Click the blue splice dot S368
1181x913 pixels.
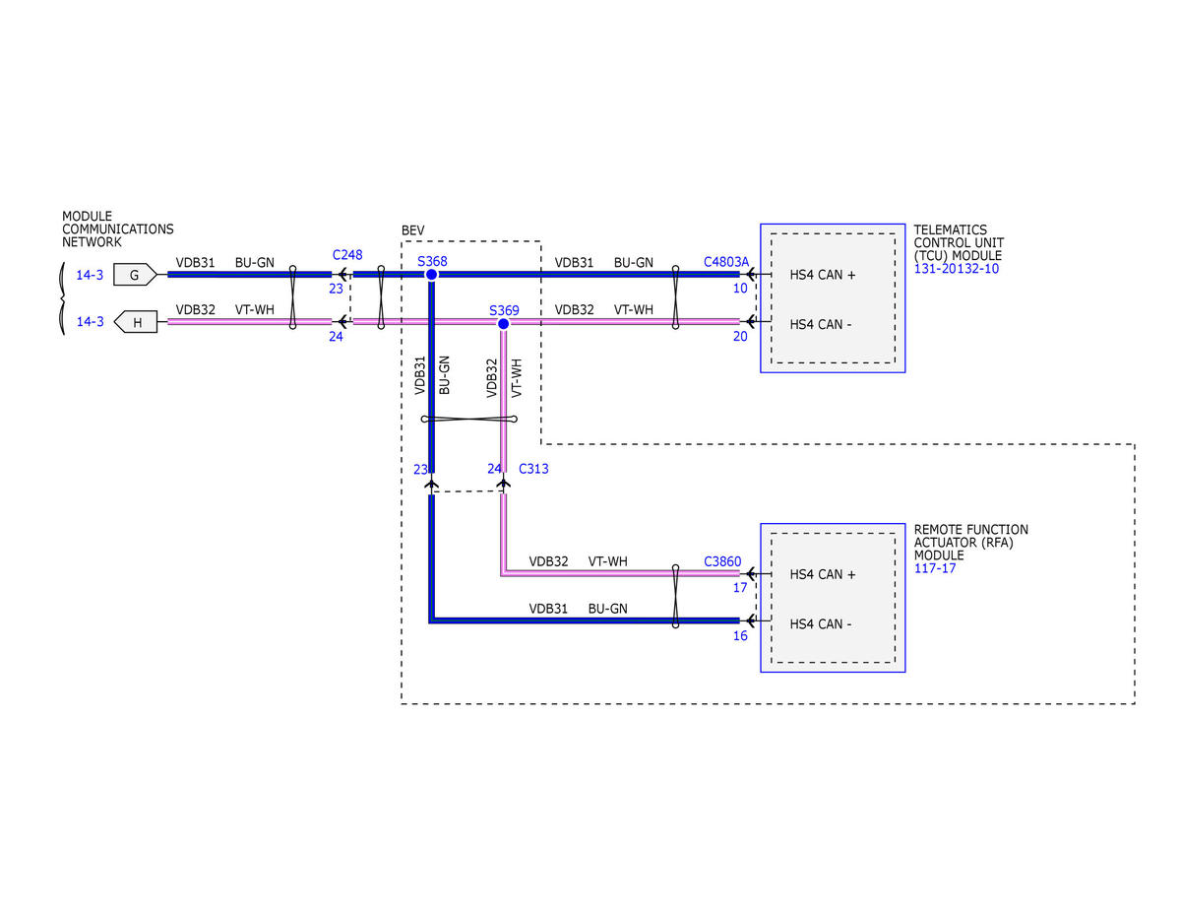point(431,275)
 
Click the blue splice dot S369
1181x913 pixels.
point(503,324)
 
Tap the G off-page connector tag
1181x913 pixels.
point(135,275)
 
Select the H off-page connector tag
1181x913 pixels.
point(136,322)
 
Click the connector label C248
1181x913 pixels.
point(347,254)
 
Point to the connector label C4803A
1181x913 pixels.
point(726,262)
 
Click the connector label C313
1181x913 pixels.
point(533,468)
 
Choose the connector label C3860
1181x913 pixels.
point(722,561)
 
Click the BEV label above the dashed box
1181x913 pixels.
point(412,230)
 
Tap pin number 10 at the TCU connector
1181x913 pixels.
point(740,289)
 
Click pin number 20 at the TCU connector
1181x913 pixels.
point(740,336)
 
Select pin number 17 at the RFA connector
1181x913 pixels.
point(740,587)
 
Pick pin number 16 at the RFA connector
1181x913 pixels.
point(740,635)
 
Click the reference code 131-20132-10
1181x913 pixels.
point(956,269)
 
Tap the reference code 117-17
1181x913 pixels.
point(934,568)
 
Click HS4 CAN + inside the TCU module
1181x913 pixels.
point(823,275)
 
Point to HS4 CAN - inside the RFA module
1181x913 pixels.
point(820,623)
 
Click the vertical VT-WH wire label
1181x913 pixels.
point(517,378)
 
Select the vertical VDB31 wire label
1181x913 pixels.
point(419,375)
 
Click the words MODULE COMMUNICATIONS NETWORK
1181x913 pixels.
point(117,228)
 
